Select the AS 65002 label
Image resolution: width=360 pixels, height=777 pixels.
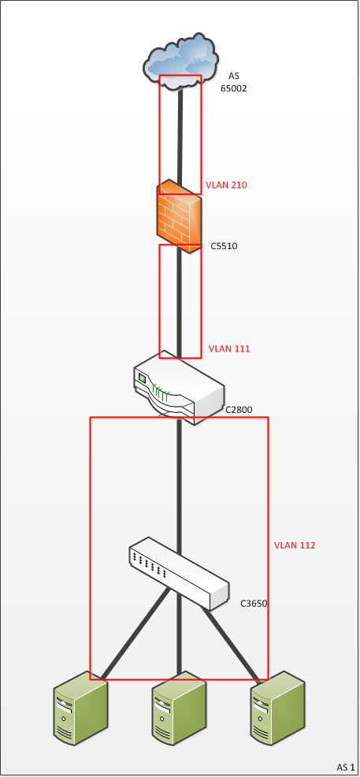point(234,82)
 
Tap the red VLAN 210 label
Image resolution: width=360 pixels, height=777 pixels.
point(226,185)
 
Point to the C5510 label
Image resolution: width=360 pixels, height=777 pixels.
point(224,246)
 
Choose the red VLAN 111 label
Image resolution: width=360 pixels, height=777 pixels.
point(229,349)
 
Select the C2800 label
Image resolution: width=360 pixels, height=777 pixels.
point(239,411)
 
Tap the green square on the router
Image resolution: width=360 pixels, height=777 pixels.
point(142,378)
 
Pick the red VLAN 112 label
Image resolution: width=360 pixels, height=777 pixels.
point(295,545)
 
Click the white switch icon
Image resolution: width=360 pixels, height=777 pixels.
point(179,574)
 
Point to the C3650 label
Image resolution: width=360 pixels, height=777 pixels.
point(254,604)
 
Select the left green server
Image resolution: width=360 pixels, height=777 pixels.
point(80,708)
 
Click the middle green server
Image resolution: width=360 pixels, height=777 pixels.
point(179,708)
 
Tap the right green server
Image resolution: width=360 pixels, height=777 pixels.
point(277,708)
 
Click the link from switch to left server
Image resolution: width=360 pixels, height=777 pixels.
point(135,634)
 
